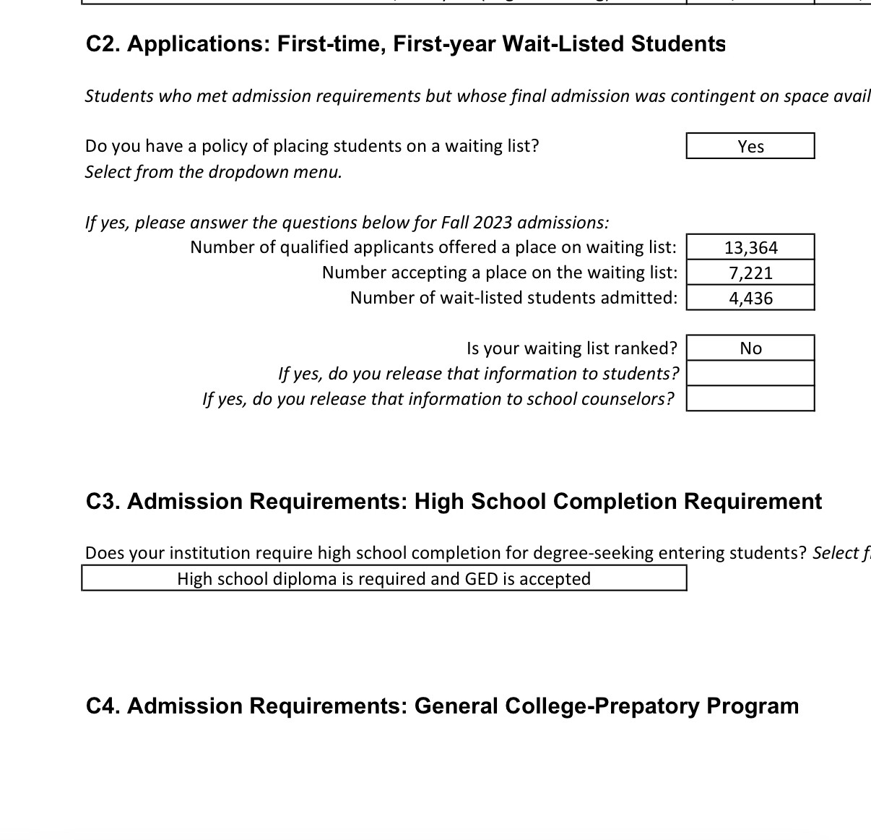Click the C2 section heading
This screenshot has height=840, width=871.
click(405, 44)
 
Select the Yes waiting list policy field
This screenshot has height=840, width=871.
click(750, 146)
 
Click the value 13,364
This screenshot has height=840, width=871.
click(750, 247)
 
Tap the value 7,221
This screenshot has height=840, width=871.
click(750, 273)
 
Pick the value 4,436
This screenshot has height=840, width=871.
click(750, 298)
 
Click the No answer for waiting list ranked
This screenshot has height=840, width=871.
click(750, 348)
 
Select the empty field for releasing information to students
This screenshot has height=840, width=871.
click(750, 374)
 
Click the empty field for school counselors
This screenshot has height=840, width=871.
click(750, 399)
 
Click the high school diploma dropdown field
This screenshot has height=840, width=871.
click(383, 578)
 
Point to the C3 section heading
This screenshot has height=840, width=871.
click(454, 501)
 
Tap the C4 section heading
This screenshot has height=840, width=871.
click(442, 706)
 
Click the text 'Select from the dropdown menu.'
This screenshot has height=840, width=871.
click(213, 172)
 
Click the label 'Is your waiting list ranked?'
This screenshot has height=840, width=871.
click(571, 348)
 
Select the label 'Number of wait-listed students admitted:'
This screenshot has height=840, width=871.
click(513, 298)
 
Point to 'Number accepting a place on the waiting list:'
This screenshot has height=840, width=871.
click(500, 273)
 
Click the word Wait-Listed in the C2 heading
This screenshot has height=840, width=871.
click(563, 44)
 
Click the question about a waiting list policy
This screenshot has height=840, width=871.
click(312, 146)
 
